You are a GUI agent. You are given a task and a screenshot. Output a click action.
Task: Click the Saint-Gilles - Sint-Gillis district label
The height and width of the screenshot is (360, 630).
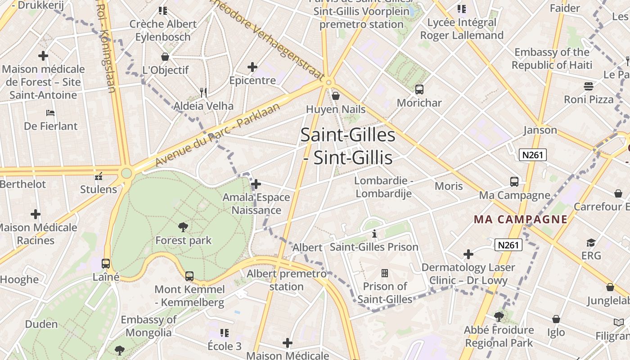pos(348,146)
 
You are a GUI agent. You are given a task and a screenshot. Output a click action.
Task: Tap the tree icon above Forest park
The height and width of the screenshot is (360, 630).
pos(183,227)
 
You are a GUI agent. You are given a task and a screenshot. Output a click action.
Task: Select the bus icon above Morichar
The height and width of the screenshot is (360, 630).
pos(419,89)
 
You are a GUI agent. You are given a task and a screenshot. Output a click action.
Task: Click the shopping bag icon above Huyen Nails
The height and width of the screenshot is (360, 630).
pos(335,95)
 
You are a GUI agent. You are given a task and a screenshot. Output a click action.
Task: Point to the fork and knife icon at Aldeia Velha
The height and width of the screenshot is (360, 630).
pos(203,92)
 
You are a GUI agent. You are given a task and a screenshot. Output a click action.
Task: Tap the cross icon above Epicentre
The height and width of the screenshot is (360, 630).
pos(252,67)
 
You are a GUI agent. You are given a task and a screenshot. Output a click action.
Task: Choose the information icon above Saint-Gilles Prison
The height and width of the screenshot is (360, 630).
pos(374,234)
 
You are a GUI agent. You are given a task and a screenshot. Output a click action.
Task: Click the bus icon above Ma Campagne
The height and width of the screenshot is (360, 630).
pos(514,181)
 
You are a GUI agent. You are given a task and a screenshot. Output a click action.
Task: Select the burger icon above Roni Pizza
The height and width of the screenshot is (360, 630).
pos(589,86)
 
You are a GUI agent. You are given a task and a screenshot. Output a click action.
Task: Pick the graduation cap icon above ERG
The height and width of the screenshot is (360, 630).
pos(591,243)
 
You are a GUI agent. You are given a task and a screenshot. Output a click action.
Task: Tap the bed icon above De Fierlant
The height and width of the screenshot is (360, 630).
pos(50,112)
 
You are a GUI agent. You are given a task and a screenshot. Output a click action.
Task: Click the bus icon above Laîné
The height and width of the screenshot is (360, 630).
pos(106,263)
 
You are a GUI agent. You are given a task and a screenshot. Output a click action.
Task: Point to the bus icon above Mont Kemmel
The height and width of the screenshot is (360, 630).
pos(189,276)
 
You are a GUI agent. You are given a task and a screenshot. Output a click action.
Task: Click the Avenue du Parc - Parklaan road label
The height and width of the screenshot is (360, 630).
pos(218,134)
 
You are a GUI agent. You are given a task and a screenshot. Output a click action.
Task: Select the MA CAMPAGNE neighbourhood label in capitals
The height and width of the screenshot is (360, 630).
pos(521,220)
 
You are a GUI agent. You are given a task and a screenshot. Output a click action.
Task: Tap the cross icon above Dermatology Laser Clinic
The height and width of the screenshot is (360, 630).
pos(468,254)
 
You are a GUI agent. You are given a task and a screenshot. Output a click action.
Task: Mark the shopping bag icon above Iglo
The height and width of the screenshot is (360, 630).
pos(556,319)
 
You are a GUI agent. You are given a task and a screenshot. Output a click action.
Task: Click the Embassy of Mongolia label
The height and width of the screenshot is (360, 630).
pos(148,326)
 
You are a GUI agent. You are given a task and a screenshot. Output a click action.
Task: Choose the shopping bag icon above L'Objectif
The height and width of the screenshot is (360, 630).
pos(165,57)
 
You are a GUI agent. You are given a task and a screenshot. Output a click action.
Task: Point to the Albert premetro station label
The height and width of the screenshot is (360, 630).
pos(287,280)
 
